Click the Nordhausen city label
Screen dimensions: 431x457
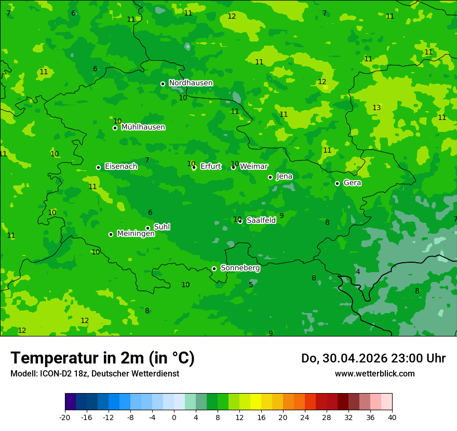pyautogui.click(x=191, y=83)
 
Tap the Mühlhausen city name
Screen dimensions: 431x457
pyautogui.click(x=143, y=127)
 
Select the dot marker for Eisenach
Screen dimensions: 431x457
pyautogui.click(x=98, y=167)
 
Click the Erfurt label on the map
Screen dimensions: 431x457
pyautogui.click(x=210, y=167)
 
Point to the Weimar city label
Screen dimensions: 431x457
pyautogui.click(x=254, y=167)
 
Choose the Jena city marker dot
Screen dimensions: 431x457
pyautogui.click(x=270, y=177)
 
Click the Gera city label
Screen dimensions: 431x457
pyautogui.click(x=352, y=183)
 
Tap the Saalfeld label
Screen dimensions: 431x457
pyautogui.click(x=261, y=220)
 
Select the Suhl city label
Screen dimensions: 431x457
pyautogui.click(x=162, y=227)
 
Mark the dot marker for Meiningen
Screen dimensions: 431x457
pyautogui.click(x=111, y=234)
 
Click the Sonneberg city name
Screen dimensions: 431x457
pyautogui.click(x=240, y=268)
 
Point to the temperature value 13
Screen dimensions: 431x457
pyautogui.click(x=377, y=107)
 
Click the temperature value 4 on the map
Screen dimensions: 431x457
pyautogui.click(x=358, y=272)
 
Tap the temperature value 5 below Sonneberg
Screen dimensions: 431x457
pyautogui.click(x=251, y=285)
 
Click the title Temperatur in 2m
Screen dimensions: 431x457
pyautogui.click(x=102, y=358)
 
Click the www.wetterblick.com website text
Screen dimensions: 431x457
pyautogui.click(x=374, y=374)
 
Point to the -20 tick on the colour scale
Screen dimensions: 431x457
pyautogui.click(x=65, y=417)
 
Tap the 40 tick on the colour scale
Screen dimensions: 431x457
pyautogui.click(x=392, y=417)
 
